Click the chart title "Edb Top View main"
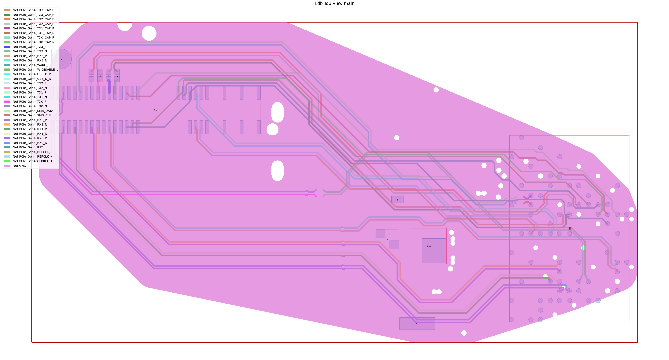(x=334, y=3)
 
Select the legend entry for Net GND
(x=20, y=166)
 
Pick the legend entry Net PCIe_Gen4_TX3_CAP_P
(x=33, y=10)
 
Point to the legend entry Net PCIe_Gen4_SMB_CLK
(x=32, y=115)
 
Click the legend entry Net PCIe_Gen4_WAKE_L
(x=31, y=65)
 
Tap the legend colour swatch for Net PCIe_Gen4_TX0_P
(x=7, y=101)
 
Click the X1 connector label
(x=155, y=110)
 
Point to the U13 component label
(x=429, y=246)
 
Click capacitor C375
(x=91, y=76)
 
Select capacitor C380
(x=117, y=76)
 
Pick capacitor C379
(x=109, y=76)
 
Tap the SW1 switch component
(x=397, y=199)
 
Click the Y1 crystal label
(x=387, y=239)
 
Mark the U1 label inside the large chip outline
(x=569, y=228)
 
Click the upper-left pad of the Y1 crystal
(x=380, y=234)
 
